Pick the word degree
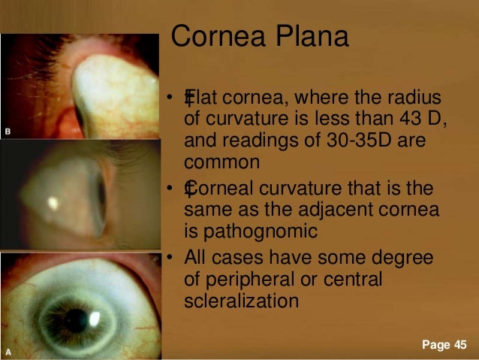403,258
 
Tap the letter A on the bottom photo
8,351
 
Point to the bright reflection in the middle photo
55,201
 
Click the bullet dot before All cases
171,259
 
